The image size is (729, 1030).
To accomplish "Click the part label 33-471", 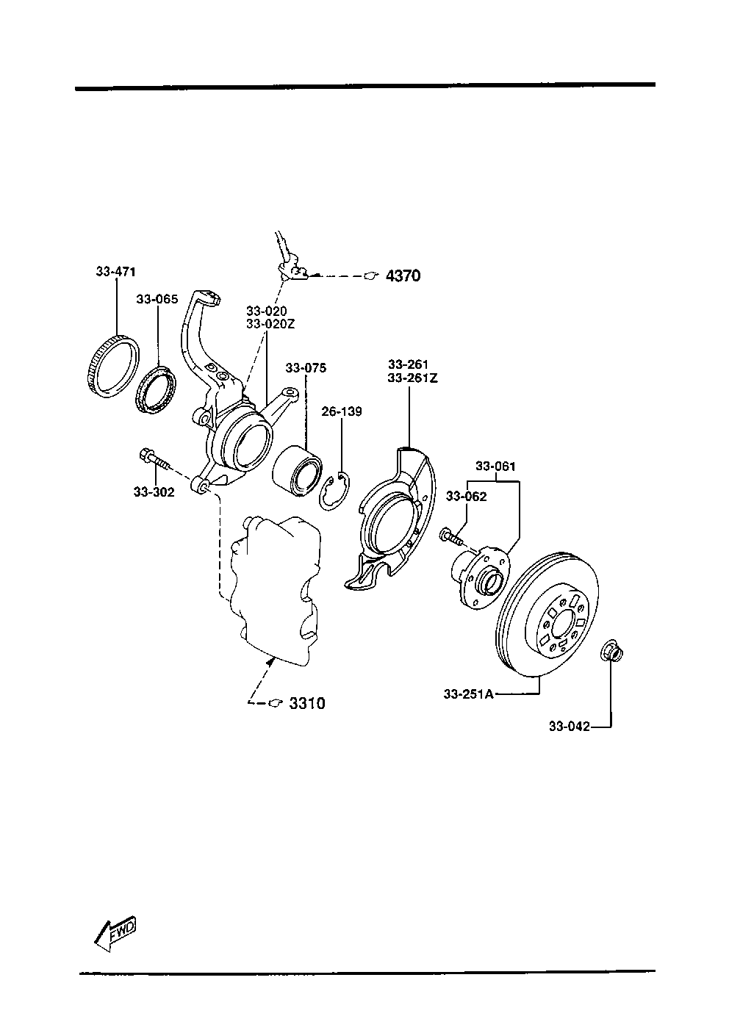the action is coord(116,272).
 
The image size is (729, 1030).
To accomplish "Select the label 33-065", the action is coord(157,299).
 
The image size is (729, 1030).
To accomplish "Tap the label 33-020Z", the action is coord(270,324).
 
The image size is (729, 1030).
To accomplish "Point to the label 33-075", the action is coord(306,368).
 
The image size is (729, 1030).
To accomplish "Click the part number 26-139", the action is coord(342,411).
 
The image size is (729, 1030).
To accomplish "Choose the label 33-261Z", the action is coord(412,378).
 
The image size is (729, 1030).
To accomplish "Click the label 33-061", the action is coord(495,467).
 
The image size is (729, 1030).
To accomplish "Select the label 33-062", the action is coord(467,497).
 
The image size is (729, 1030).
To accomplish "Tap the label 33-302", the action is coord(154,492).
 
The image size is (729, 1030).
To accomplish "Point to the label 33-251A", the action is coord(468,694).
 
